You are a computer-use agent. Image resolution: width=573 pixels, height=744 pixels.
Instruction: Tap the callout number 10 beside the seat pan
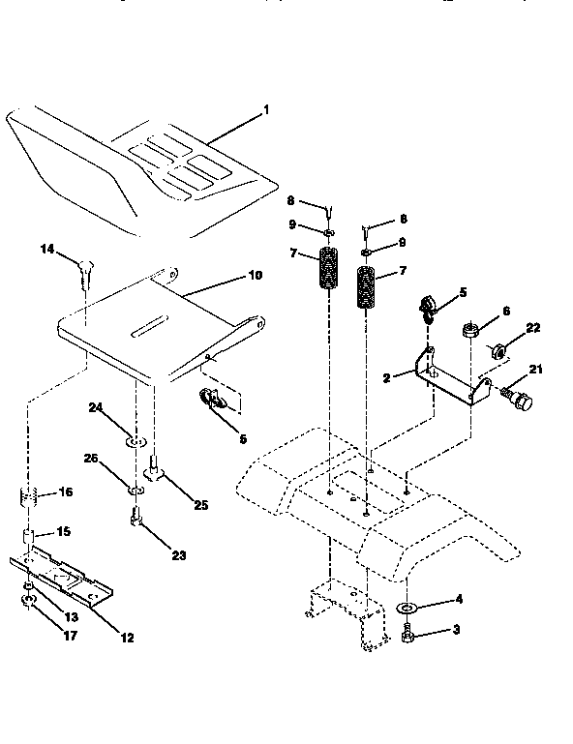(256, 276)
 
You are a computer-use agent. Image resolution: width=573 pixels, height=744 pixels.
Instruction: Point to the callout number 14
(46, 250)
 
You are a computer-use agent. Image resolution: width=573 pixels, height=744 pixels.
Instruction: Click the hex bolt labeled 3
(408, 638)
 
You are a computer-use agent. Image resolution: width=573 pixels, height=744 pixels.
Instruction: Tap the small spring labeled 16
(28, 502)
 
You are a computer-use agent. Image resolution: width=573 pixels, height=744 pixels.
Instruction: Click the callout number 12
(128, 637)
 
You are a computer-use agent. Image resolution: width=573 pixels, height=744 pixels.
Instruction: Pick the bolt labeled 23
(136, 523)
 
